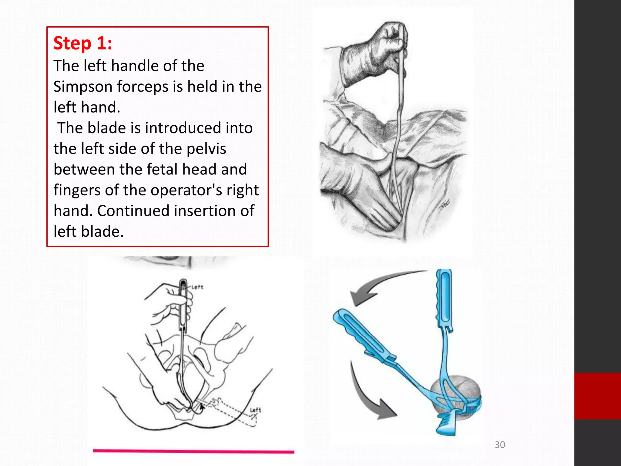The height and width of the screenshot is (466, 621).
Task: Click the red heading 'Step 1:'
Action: (x=82, y=43)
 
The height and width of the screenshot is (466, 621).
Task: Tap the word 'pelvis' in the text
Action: (x=206, y=149)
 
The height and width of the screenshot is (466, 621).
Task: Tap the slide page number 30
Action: (x=500, y=445)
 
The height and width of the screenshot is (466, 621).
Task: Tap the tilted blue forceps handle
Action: (x=361, y=334)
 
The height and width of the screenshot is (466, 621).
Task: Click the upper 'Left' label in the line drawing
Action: (x=197, y=287)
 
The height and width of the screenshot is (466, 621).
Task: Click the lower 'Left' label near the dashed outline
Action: (x=255, y=410)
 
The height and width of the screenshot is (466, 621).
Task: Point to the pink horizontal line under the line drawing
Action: (x=193, y=451)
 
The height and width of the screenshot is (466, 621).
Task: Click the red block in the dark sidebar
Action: (x=597, y=396)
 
